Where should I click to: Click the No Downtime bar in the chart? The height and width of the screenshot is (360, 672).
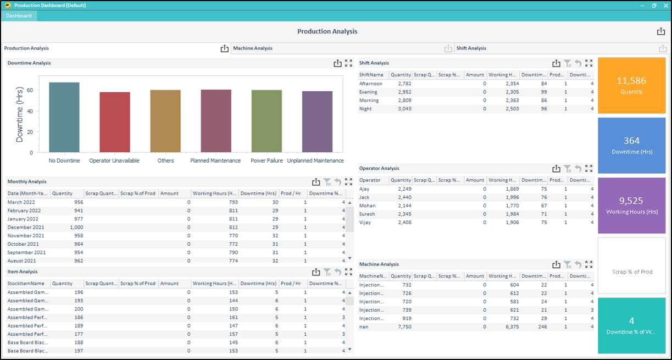(64, 117)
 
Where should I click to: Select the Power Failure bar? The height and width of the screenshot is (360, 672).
(266, 121)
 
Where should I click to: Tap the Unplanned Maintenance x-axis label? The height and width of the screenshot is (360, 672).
(315, 160)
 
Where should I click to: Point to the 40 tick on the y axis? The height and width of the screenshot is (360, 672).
(30, 111)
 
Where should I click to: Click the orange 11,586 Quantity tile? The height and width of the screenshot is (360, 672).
(631, 85)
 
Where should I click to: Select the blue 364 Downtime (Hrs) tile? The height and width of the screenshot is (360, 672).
(631, 145)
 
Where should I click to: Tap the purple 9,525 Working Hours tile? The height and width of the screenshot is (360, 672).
(631, 205)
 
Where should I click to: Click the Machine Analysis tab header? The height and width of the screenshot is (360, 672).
(253, 48)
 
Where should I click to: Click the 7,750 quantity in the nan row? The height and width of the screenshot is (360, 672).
(403, 326)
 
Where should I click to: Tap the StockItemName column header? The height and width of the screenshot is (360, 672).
(26, 284)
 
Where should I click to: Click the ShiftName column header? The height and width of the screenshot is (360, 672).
(371, 75)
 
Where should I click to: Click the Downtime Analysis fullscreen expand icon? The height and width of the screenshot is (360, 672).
(348, 63)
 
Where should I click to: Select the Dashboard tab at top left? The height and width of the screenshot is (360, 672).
(19, 16)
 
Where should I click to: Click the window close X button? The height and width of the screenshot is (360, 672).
(665, 5)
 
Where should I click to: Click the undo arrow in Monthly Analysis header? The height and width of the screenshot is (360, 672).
(337, 181)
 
